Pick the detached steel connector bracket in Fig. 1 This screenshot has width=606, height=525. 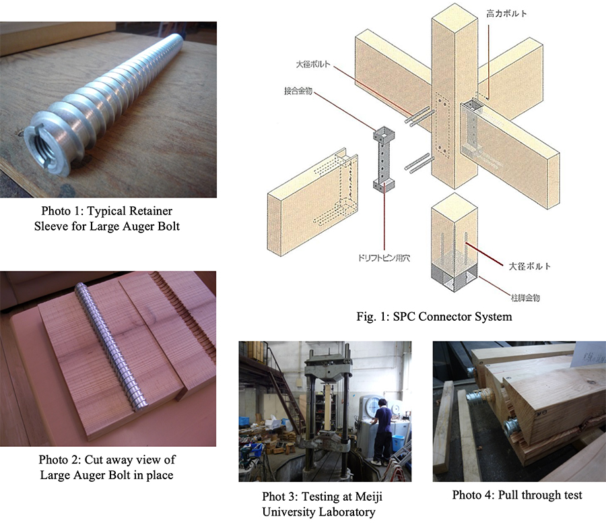coord(384,158)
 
